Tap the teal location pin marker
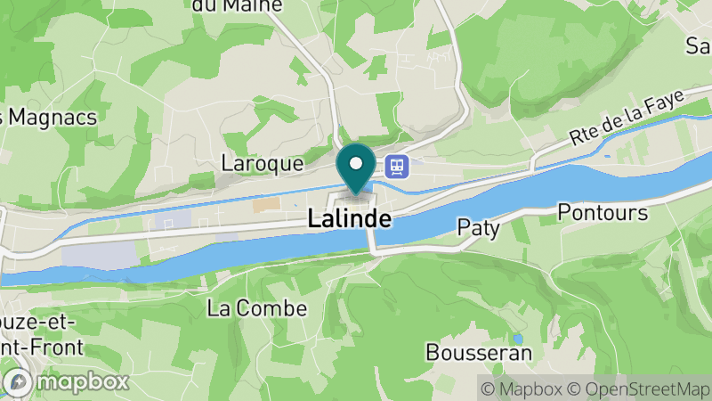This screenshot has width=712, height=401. point(356,169)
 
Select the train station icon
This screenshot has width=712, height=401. point(397,166)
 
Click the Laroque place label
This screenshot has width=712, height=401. point(263,164)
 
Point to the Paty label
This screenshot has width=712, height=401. point(479,227)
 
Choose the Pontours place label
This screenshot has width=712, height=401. point(601,212)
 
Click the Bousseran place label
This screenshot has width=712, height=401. point(479,352)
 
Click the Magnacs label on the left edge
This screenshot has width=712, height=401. point(49,116)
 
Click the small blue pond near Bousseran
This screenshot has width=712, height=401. point(517,339)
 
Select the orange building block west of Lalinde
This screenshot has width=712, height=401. point(265,205)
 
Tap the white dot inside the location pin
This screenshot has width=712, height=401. point(356,163)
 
